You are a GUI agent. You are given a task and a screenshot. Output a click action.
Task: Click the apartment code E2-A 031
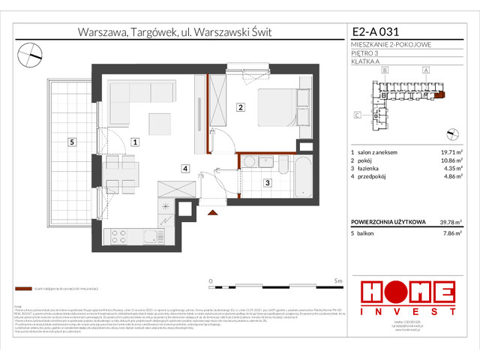pos(378,32)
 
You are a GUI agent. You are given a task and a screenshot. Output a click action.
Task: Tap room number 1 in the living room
pos(134,141)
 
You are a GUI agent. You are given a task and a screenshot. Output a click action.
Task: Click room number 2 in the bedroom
pos(240,107)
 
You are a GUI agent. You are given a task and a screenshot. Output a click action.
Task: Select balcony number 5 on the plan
pos(70,141)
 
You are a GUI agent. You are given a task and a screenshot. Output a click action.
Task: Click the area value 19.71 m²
pos(451,151)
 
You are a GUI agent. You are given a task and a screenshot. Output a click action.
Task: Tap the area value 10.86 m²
pos(451,160)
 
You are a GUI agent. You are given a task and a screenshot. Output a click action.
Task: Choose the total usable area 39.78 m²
pos(449,221)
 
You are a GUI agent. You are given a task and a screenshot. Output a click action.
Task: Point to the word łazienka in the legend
pos(373,169)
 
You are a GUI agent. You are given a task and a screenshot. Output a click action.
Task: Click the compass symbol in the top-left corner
pos(31,52)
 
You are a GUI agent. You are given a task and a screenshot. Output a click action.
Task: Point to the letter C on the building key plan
pos(357,115)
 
